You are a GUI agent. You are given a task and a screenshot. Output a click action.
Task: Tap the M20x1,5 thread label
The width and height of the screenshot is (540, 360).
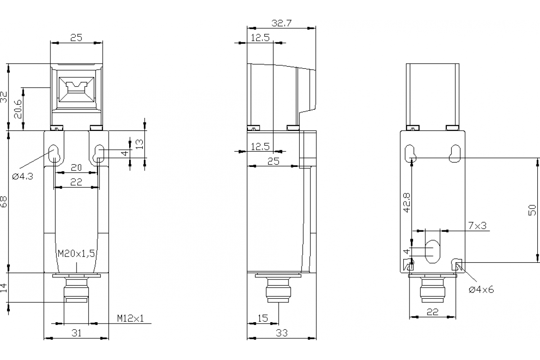(76, 254)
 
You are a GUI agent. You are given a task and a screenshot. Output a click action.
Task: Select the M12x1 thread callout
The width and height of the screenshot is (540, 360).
(130, 319)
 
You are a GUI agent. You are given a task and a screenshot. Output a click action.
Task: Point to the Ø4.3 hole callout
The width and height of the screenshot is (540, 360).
(22, 176)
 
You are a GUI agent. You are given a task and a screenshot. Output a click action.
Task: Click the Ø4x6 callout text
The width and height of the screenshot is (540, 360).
(481, 289)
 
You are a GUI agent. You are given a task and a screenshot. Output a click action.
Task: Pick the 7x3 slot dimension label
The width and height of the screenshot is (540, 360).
(477, 225)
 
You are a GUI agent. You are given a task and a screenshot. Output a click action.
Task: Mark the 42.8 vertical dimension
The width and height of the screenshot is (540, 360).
(407, 202)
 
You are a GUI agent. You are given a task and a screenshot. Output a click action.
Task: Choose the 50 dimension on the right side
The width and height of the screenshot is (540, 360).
(532, 210)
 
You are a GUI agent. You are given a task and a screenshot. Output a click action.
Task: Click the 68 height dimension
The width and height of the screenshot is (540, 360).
(4, 201)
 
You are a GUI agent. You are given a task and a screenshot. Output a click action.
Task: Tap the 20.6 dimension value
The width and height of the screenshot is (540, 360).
(18, 108)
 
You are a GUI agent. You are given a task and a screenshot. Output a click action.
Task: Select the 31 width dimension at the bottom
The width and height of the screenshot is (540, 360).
(76, 333)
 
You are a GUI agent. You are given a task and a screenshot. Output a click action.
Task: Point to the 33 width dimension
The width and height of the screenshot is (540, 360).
(281, 333)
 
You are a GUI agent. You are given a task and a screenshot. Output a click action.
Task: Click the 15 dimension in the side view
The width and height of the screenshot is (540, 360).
(263, 318)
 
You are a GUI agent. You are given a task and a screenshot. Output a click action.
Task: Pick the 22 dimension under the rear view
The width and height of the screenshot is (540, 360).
(432, 312)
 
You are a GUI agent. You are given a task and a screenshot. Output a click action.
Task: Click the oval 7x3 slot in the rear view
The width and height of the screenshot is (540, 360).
(432, 252)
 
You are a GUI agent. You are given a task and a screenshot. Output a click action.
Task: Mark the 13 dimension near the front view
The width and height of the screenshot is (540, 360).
(139, 144)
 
